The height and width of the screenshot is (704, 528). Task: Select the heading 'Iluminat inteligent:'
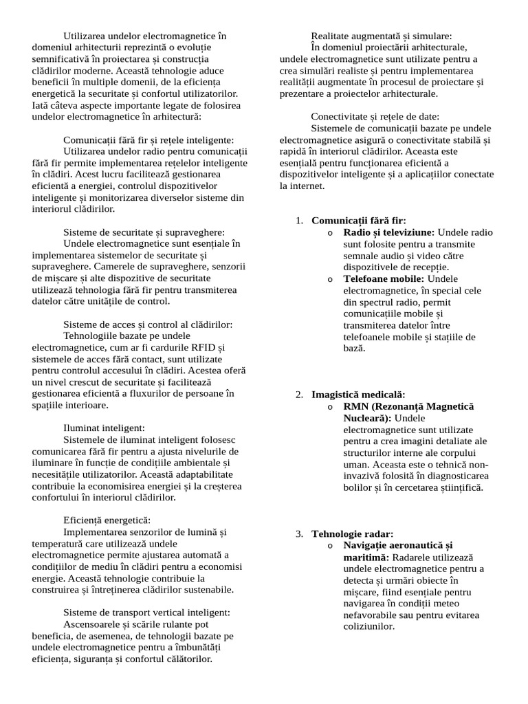pos(104,428)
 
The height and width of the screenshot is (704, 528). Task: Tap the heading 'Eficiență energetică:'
pos(107,520)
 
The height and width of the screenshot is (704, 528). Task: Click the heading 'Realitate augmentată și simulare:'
pos(382,35)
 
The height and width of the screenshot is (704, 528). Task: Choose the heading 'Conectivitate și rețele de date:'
pos(375,116)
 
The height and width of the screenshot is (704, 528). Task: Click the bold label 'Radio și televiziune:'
pos(388,232)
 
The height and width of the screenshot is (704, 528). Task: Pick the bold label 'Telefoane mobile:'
pos(384,278)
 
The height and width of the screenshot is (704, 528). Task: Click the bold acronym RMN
pos(357,406)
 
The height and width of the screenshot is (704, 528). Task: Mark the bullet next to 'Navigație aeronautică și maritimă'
pos(330,545)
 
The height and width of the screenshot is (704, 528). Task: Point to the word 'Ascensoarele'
pos(92,624)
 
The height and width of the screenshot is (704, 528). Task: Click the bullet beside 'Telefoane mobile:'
pos(330,278)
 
